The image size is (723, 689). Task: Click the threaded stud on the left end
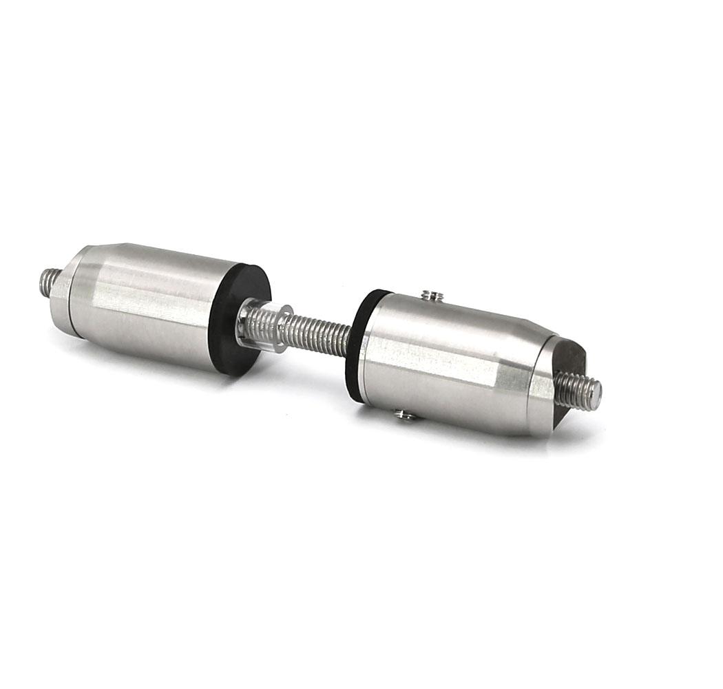[48, 282]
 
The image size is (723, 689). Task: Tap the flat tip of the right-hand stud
[597, 395]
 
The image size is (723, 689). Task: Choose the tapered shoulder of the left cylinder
[90, 289]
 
